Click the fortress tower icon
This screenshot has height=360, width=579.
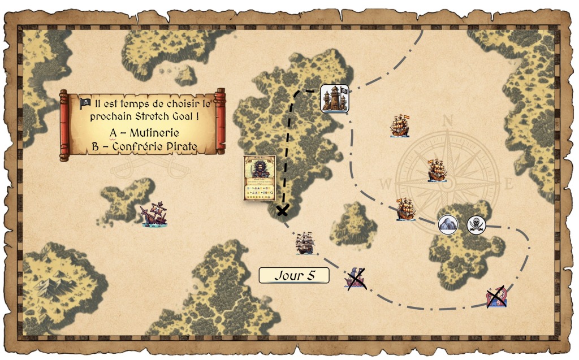pyautogui.click(x=334, y=99)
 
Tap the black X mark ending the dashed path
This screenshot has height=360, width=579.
pyautogui.click(x=282, y=211)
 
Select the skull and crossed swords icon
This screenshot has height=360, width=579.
pyautogui.click(x=476, y=224)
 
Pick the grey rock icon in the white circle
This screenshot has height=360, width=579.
pyautogui.click(x=448, y=224)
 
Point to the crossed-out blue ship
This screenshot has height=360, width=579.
pyautogui.click(x=356, y=278)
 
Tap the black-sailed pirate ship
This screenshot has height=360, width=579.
pyautogui.click(x=304, y=243)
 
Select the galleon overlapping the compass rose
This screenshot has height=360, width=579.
pyautogui.click(x=437, y=170)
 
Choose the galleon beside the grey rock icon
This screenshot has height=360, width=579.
pyautogui.click(x=406, y=209)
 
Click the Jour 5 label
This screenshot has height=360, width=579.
pyautogui.click(x=293, y=276)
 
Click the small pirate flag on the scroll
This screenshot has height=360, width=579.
pyautogui.click(x=85, y=103)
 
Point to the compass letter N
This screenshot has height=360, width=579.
pyautogui.click(x=448, y=120)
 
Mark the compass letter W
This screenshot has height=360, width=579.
pyautogui.click(x=386, y=184)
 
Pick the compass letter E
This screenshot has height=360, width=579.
pyautogui.click(x=508, y=184)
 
